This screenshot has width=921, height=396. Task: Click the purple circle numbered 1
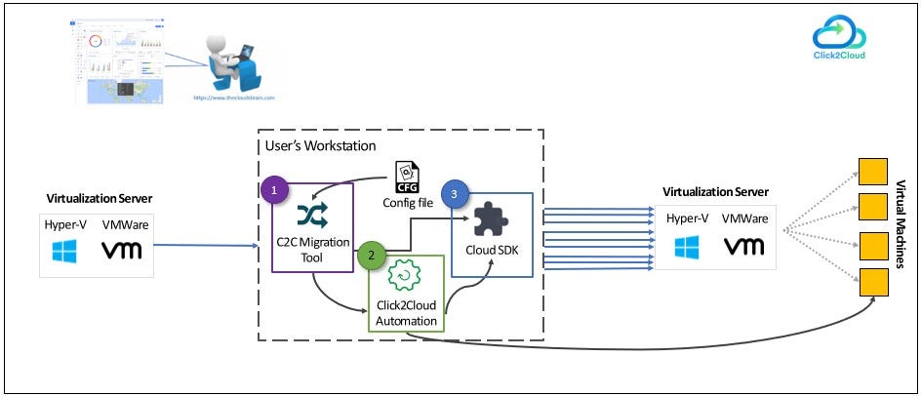[x=276, y=189]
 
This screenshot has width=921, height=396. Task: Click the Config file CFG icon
[x=409, y=177]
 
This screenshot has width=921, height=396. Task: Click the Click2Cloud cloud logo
[x=839, y=33]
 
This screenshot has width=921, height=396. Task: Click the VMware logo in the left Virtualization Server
[x=122, y=250]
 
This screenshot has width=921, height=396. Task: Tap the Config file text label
[x=409, y=203]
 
